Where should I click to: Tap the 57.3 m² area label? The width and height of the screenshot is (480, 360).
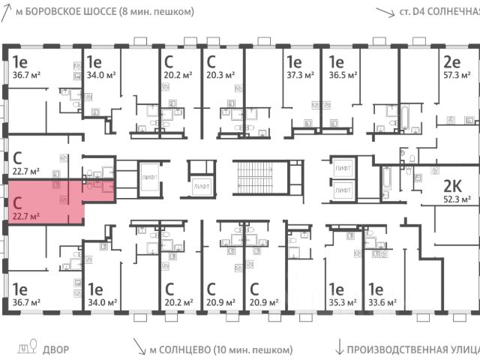456,76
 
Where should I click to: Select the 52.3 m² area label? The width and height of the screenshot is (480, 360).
456,199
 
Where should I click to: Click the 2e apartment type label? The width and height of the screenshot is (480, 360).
451,62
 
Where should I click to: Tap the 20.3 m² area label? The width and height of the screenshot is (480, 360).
222,76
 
